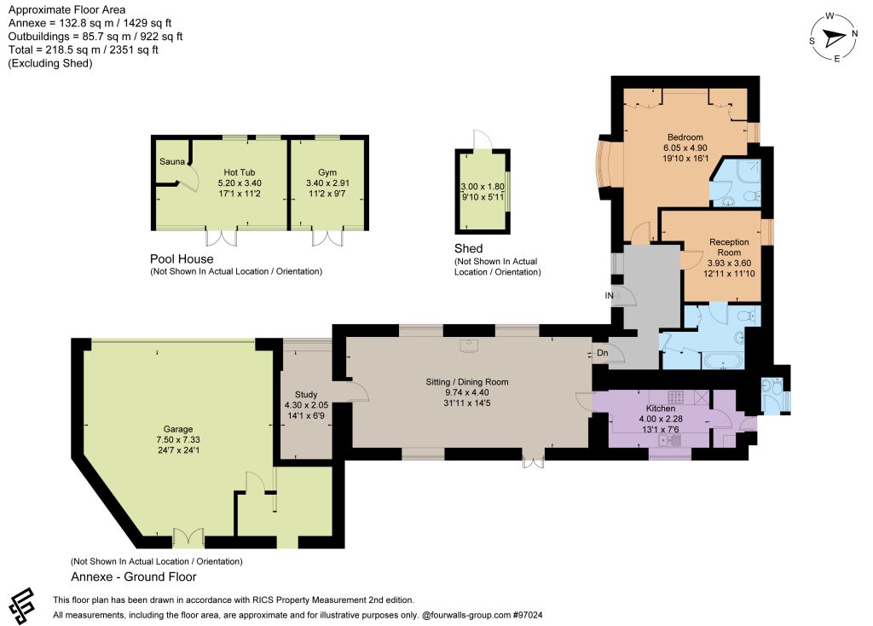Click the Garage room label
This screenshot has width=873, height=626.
pyautogui.click(x=178, y=429)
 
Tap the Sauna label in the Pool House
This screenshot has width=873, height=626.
pyautogui.click(x=172, y=161)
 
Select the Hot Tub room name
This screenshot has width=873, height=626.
pyautogui.click(x=240, y=172)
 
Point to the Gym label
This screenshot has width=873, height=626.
pyautogui.click(x=327, y=172)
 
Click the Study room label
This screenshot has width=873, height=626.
pyautogui.click(x=306, y=394)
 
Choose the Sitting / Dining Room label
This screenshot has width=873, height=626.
pyautogui.click(x=467, y=382)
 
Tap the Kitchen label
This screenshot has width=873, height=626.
pyautogui.click(x=661, y=409)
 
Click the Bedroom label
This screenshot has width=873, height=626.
pyautogui.click(x=685, y=137)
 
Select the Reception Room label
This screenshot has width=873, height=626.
pyautogui.click(x=729, y=247)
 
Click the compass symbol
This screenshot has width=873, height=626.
pyautogui.click(x=834, y=38)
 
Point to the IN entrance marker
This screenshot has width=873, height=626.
pyautogui.click(x=609, y=295)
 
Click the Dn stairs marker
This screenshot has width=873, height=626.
pyautogui.click(x=603, y=352)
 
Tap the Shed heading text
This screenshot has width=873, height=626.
pyautogui.click(x=468, y=248)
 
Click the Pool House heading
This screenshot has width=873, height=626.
pyautogui.click(x=182, y=259)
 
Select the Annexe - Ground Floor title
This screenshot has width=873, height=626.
pyautogui.click(x=134, y=577)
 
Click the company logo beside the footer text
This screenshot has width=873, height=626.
pyautogui.click(x=21, y=606)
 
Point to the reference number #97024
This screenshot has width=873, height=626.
pyautogui.click(x=528, y=615)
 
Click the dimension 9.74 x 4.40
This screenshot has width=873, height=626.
pyautogui.click(x=467, y=392)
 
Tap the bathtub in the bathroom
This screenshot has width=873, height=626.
pyautogui.click(x=723, y=361)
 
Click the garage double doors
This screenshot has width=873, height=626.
pyautogui.click(x=188, y=537)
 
